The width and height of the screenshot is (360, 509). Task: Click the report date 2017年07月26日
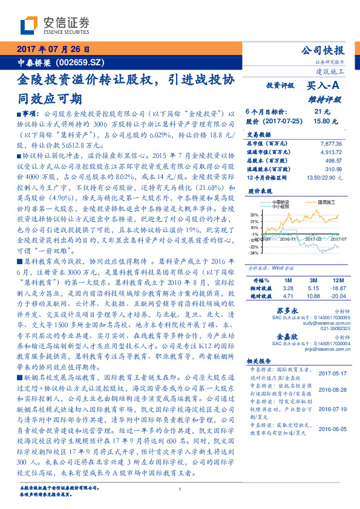click(x=53, y=49)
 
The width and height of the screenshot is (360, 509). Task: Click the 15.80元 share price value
click(x=321, y=121)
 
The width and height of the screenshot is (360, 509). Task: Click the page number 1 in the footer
click(x=180, y=490)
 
